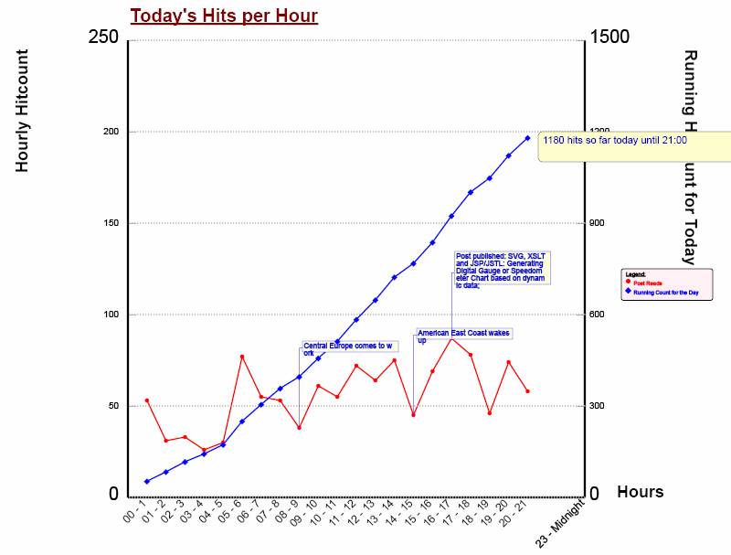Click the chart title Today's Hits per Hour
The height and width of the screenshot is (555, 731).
coord(224,16)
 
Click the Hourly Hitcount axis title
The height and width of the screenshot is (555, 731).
coord(23,111)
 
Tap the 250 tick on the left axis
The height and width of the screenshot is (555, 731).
coord(103,37)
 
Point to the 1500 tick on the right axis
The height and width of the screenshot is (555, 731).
coord(609,37)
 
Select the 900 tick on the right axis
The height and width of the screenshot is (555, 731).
coord(599,223)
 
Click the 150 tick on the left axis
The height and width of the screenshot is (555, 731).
coord(111,223)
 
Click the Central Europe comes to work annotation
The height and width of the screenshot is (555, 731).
coord(347,348)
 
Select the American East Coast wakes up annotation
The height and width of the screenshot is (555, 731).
coord(462,336)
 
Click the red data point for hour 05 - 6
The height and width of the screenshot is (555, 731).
coord(242,357)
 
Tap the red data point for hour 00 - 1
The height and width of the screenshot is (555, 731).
coord(146,400)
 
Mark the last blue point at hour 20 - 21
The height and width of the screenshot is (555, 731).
coord(527,138)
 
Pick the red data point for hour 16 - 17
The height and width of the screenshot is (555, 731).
coord(451,338)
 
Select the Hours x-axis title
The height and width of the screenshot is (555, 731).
coord(640,492)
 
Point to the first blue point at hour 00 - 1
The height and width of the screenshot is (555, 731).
coord(146,481)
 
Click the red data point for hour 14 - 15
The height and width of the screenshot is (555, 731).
coord(413,414)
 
